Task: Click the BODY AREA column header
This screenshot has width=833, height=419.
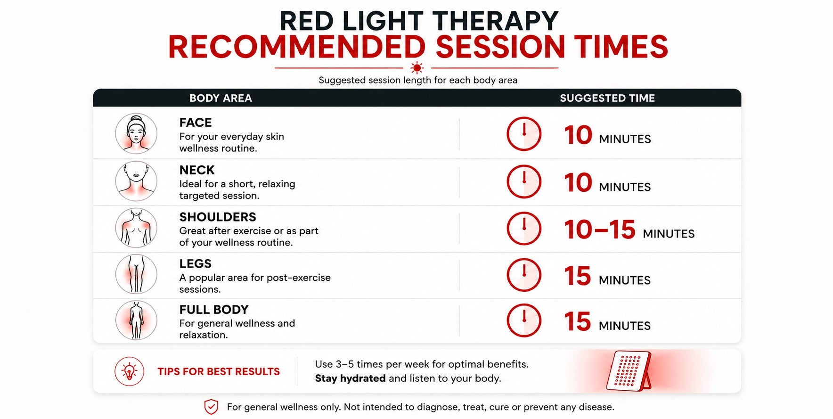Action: point(220,98)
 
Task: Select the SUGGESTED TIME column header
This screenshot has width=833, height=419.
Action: point(607,98)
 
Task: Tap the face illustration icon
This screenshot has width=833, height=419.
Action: point(136,133)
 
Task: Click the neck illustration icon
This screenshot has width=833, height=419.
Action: point(136,181)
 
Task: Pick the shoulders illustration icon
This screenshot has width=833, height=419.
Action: point(136,228)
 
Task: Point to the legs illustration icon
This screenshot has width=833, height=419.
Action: point(136,274)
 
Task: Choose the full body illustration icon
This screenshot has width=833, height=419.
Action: point(136,320)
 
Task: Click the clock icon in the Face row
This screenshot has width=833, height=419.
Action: point(524,134)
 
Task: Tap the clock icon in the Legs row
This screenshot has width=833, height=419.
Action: point(524,274)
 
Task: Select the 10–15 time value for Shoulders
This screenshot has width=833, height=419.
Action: point(600,230)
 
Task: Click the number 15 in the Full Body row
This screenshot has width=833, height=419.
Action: point(577,321)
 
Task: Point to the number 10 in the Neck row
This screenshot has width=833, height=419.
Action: point(578,182)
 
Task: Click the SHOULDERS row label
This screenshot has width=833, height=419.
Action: point(218,217)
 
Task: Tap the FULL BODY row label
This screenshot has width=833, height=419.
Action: point(214,310)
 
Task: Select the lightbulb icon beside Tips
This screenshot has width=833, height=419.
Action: point(129,371)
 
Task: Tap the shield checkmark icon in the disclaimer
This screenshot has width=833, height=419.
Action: point(211,407)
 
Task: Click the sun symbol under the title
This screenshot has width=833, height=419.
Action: point(417,68)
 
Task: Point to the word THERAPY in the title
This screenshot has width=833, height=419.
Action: point(495,21)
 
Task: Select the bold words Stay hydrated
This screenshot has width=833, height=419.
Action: point(350,378)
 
